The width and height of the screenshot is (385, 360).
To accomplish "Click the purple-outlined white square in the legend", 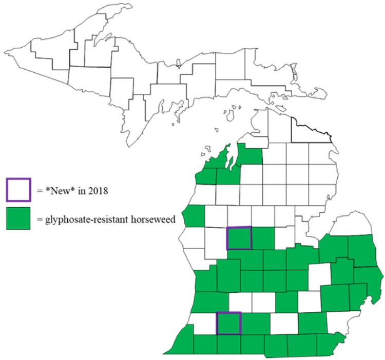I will [19, 189].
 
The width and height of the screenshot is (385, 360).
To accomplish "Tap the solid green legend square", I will [19, 217].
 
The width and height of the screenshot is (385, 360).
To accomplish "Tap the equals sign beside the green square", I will [40, 219].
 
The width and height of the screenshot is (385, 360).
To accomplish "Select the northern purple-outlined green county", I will [239, 238].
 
